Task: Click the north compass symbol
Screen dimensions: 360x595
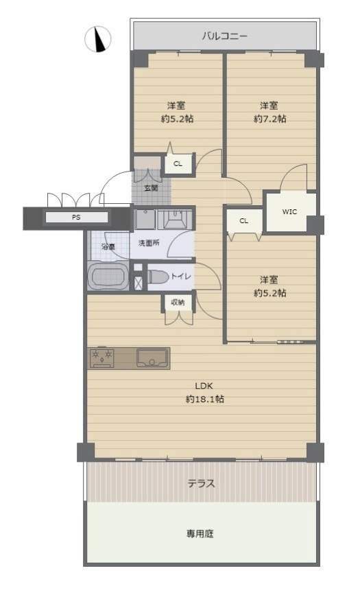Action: (x=98, y=38)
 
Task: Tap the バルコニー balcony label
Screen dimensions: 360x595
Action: (x=225, y=36)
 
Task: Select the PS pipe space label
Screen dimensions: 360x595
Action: (x=76, y=218)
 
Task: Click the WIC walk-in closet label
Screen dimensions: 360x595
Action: (x=289, y=212)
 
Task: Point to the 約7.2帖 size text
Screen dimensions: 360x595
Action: (x=269, y=119)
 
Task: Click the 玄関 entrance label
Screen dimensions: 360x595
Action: (x=151, y=188)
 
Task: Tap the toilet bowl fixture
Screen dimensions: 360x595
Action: (x=158, y=277)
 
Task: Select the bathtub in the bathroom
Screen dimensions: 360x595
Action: (x=108, y=277)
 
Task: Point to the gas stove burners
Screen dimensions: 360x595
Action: (x=101, y=358)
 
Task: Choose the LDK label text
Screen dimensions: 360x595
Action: (x=204, y=386)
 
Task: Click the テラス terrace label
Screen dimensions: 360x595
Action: (x=201, y=483)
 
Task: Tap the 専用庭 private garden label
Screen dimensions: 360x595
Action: (x=200, y=534)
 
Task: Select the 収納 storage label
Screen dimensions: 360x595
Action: (x=178, y=303)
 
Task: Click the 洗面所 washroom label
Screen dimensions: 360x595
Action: (x=149, y=243)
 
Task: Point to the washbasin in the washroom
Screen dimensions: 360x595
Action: (x=175, y=219)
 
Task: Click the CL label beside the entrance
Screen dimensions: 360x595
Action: (x=178, y=164)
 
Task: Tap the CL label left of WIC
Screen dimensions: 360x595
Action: (x=244, y=221)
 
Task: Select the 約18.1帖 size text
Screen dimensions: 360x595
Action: (x=204, y=399)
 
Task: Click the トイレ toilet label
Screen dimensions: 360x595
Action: (x=181, y=277)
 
